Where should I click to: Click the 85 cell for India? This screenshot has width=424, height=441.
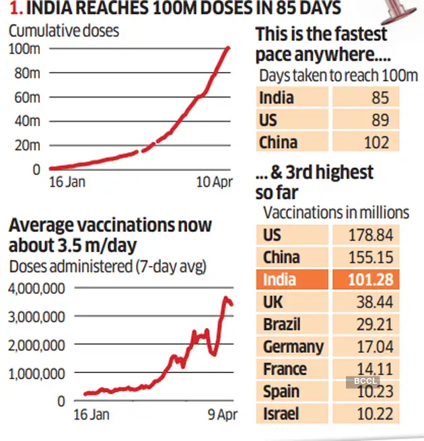[380, 97]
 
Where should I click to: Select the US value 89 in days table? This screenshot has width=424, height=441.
[380, 120]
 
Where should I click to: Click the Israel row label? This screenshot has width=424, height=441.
[281, 413]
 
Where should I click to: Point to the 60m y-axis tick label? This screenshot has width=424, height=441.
[28, 97]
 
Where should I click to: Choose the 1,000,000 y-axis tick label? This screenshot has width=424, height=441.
[37, 372]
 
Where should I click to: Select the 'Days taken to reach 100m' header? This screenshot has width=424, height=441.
[339, 75]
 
